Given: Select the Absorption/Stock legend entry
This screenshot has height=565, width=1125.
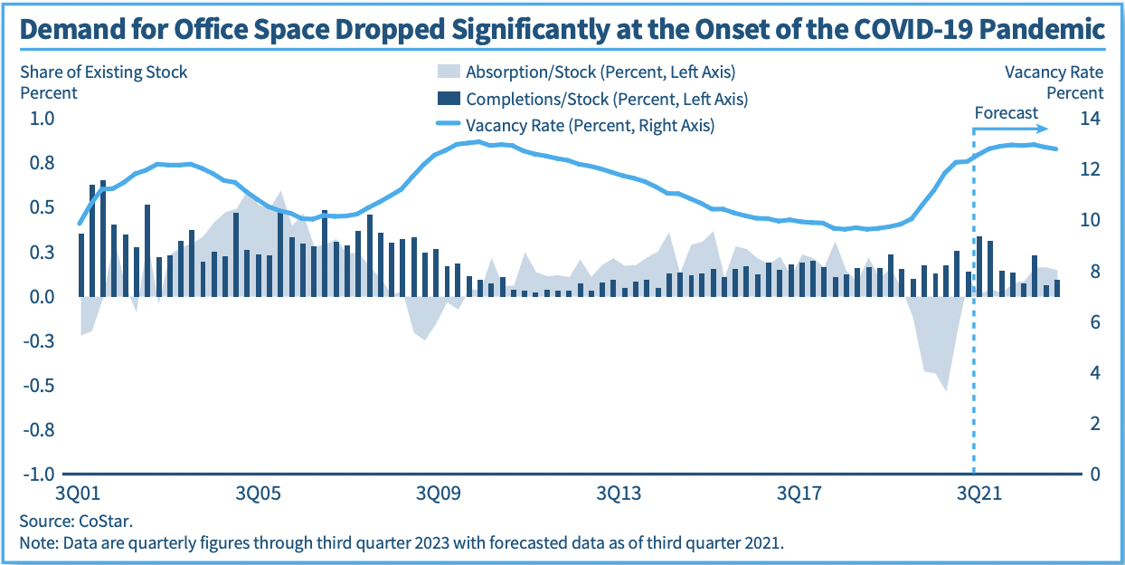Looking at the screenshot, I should coord(588,72).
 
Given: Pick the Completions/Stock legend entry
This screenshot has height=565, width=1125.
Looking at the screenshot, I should coord(592,99).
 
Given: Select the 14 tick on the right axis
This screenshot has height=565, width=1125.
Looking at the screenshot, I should coord(1089,119).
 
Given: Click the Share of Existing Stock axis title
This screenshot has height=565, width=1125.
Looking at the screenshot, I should coord(103,72).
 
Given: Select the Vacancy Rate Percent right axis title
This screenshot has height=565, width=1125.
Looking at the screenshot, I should coord(1054,81).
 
